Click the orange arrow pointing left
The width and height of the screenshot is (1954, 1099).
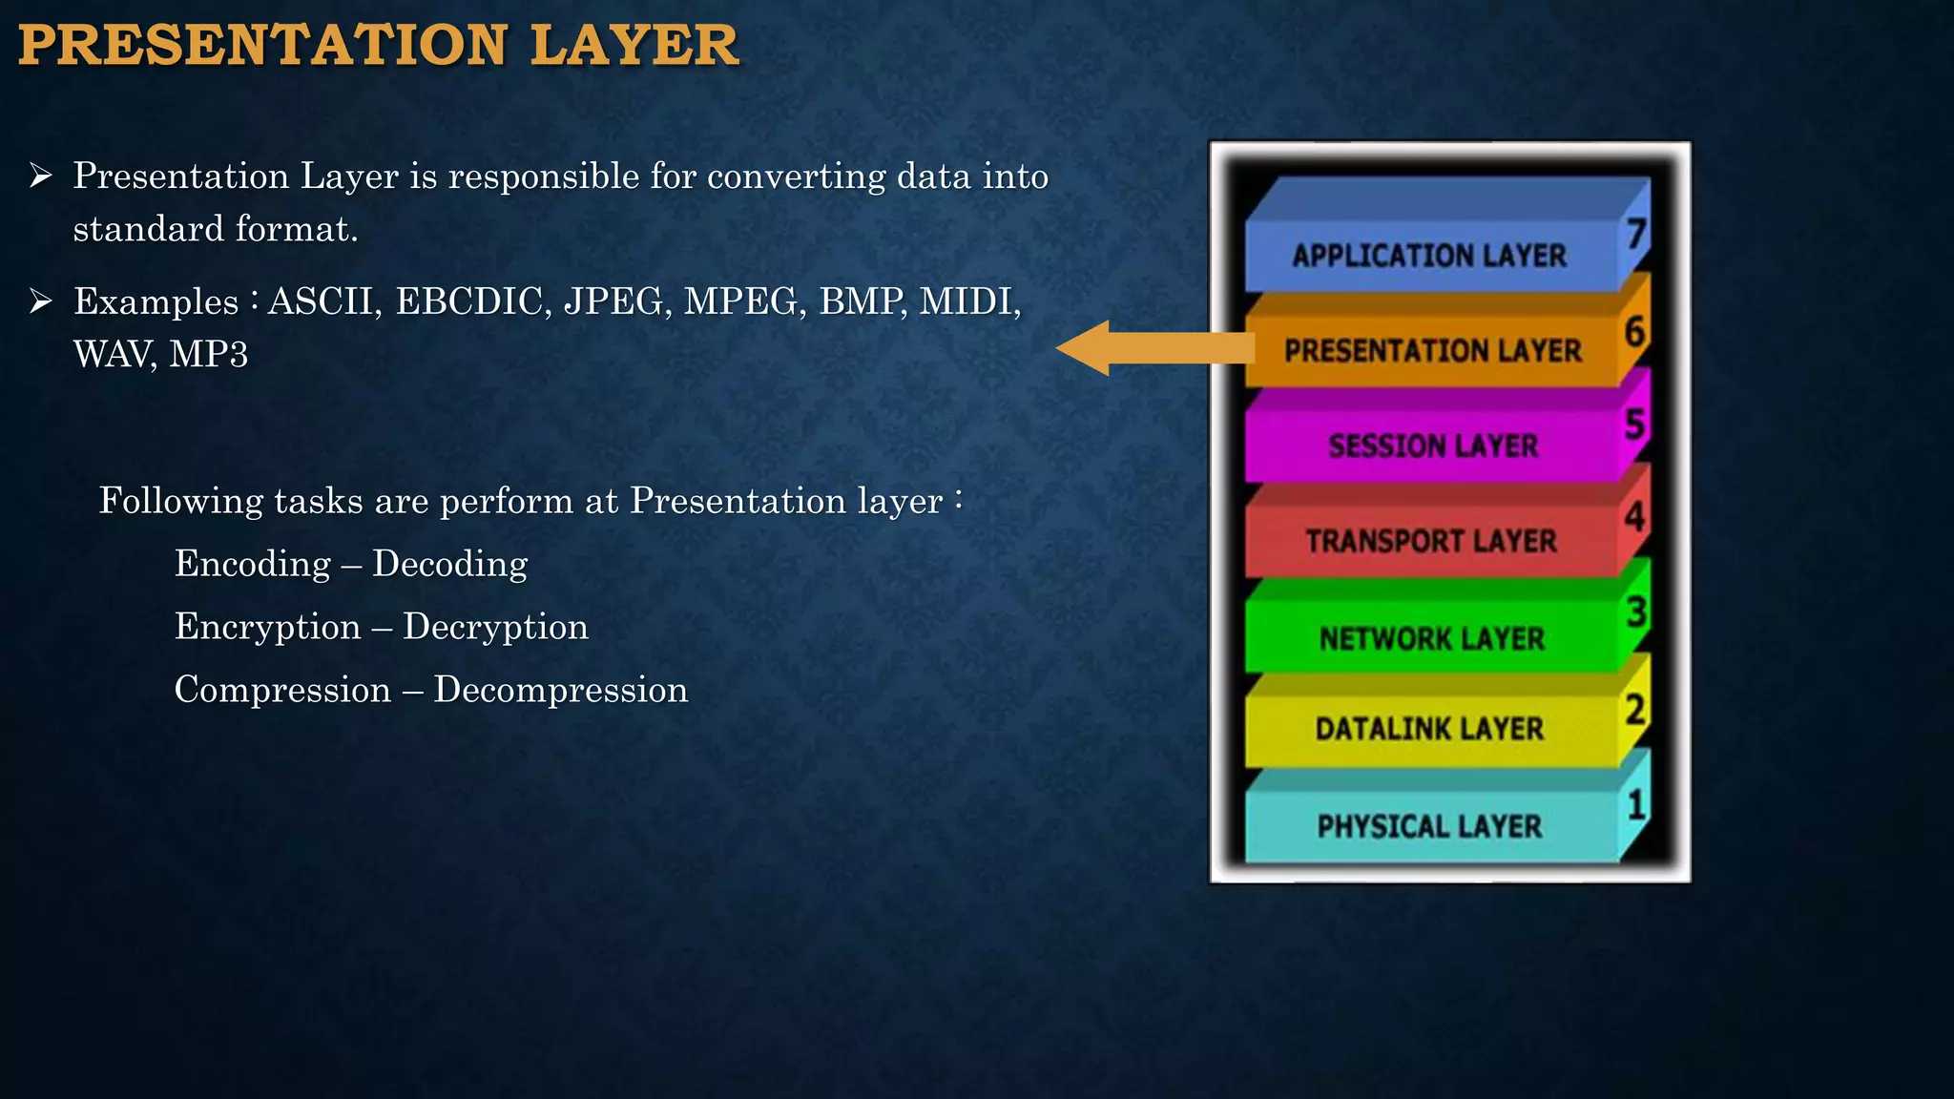click(x=1154, y=348)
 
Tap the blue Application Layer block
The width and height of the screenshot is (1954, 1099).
click(x=1429, y=256)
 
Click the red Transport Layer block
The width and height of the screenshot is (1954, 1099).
click(x=1431, y=541)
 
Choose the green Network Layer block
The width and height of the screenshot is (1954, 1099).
click(x=1431, y=637)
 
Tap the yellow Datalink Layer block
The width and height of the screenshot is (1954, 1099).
click(x=1429, y=729)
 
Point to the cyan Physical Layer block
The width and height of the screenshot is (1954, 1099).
click(x=1429, y=825)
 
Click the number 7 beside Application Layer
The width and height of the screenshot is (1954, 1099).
click(x=1637, y=233)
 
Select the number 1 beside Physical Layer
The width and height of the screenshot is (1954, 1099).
click(x=1637, y=804)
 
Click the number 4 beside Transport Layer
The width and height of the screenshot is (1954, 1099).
click(x=1635, y=516)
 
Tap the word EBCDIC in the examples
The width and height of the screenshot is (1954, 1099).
click(x=473, y=301)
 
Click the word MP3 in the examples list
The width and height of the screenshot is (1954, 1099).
click(x=209, y=355)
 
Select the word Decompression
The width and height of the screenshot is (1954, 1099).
click(x=560, y=690)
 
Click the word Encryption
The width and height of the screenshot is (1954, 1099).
click(x=267, y=627)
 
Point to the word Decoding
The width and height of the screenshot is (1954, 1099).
click(x=449, y=564)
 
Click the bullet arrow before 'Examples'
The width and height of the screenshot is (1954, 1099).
click(x=40, y=301)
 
